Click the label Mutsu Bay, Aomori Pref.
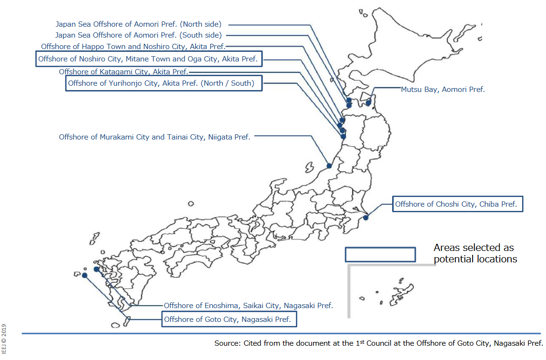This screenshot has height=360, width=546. coord(443,90)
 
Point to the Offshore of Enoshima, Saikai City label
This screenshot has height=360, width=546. coord(248,306)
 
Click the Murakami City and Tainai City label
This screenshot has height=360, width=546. coord(155,137)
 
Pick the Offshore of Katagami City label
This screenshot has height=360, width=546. coord(123,72)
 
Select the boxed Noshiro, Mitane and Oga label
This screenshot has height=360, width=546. coord(149,59)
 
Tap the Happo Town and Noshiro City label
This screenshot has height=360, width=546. coord(133,47)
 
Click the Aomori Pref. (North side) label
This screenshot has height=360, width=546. coord(138,24)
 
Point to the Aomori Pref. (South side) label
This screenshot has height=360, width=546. coord(138,35)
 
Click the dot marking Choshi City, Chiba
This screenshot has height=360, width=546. coord(365,218)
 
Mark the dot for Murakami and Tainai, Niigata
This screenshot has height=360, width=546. coord(329,166)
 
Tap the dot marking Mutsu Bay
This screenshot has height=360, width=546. coord(368,103)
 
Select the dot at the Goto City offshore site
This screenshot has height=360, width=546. coord(85,275)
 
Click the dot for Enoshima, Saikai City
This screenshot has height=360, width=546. coord(96,269)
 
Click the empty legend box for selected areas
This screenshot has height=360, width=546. coord(380,248)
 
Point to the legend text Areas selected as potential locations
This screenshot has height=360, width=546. coord(475,253)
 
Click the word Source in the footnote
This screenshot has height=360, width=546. coord(227,343)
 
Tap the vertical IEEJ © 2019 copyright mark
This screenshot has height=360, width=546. coord(4,339)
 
